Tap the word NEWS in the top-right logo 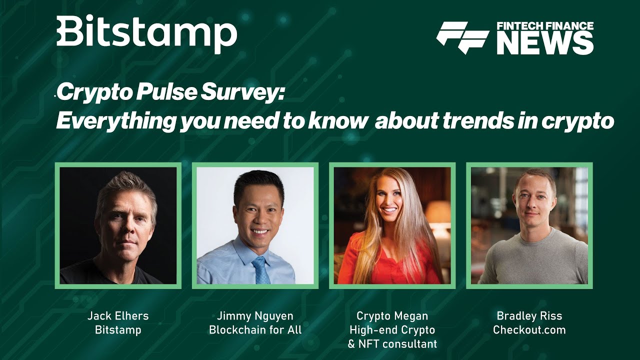(x=545, y=43)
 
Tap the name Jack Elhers (x=118, y=315)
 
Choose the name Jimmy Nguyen (x=255, y=316)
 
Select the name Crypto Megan (x=392, y=316)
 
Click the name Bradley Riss (x=529, y=315)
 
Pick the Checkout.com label (x=529, y=329)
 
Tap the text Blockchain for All (x=255, y=329)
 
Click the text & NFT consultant (x=392, y=343)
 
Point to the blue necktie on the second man (x=261, y=269)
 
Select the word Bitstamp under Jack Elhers (x=118, y=329)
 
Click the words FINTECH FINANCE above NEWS (x=545, y=26)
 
